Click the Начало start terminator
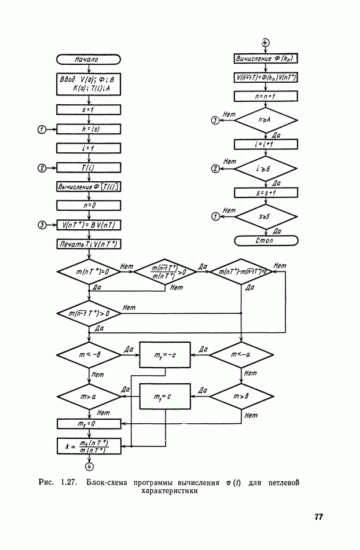(x=88, y=59)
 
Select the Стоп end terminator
(x=266, y=240)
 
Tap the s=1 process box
(x=88, y=109)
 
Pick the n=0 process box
(x=88, y=205)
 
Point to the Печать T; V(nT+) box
(x=88, y=244)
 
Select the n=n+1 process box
(x=266, y=96)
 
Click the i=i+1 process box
(x=266, y=144)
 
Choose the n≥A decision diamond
(x=266, y=120)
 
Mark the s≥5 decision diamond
(x=266, y=216)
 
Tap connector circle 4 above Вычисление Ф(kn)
(x=266, y=43)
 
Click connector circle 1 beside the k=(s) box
(x=41, y=129)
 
